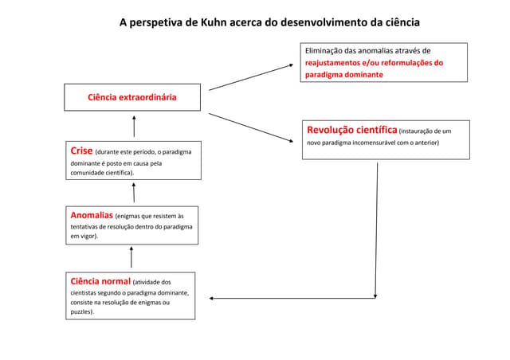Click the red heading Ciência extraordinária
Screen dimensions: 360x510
click(132, 98)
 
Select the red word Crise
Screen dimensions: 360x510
click(80, 151)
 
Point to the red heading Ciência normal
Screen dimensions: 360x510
click(100, 280)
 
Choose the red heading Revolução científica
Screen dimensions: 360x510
click(351, 129)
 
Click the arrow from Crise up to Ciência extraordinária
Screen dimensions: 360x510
click(134, 127)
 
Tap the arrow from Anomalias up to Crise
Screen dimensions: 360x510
click(134, 192)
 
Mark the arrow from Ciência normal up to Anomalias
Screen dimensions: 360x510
click(132, 256)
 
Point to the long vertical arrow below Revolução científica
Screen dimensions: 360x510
click(376, 231)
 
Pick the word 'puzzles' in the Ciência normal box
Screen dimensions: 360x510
click(81, 312)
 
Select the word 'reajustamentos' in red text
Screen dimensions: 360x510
click(334, 62)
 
